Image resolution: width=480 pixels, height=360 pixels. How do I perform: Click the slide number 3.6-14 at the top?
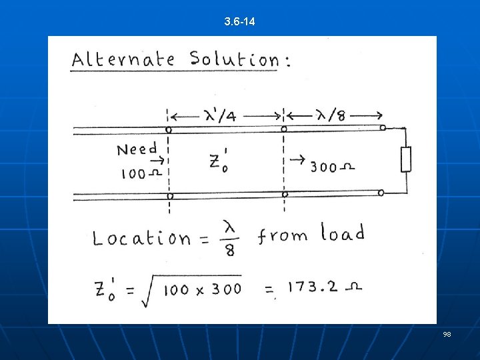coord(240,23)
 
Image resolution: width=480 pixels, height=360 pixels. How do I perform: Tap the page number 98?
coord(447,333)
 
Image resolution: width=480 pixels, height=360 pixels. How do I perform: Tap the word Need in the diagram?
coord(137,149)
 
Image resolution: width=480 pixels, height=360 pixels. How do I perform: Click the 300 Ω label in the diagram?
coord(331,167)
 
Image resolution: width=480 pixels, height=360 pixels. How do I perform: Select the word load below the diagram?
coord(343,233)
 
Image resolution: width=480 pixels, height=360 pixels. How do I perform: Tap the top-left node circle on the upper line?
coord(169,129)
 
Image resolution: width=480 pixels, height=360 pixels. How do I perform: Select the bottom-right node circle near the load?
coord(381,193)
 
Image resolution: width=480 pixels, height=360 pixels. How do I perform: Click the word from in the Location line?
coord(283,235)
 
